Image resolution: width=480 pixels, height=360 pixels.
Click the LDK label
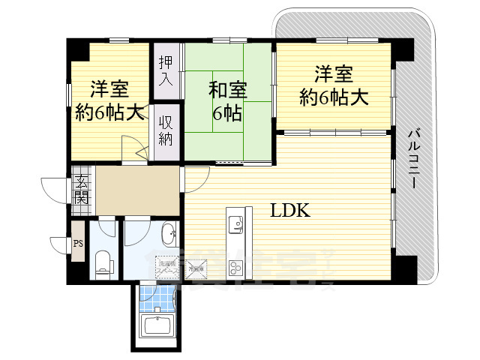[290, 211]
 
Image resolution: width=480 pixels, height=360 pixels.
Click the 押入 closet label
[166, 70]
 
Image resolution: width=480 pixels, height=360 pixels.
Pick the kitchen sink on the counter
[235, 222]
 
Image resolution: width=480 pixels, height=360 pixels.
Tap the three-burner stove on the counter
[235, 266]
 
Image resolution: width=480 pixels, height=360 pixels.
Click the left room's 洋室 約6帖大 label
[109, 101]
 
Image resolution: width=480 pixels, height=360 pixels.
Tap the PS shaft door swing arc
[60, 245]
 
